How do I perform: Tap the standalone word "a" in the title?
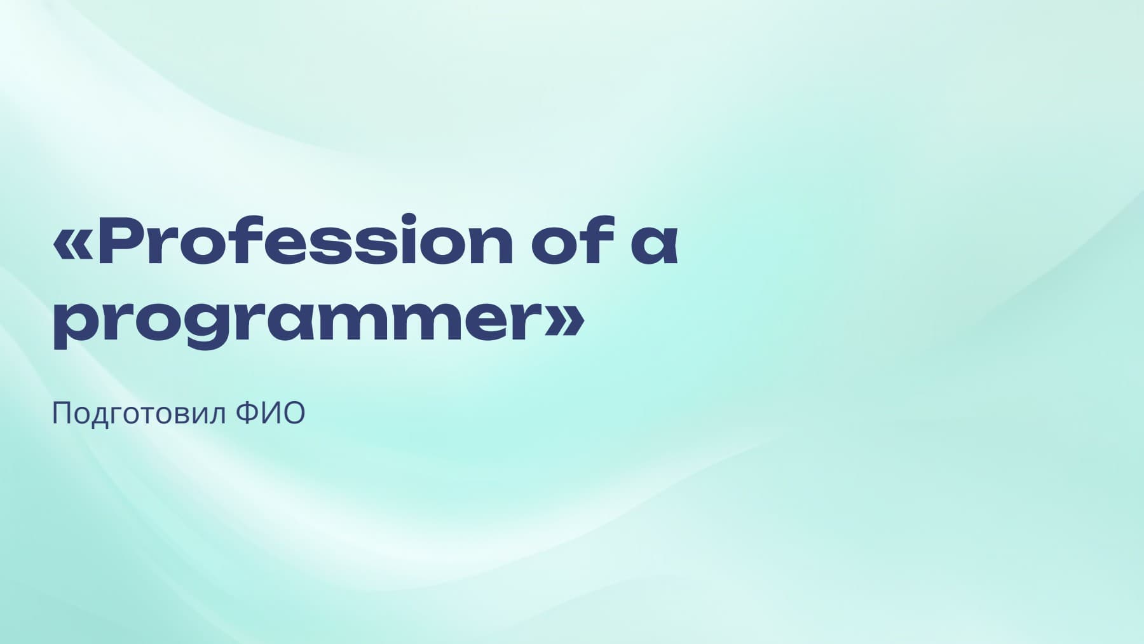pyautogui.click(x=655, y=246)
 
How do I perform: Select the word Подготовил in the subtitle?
pyautogui.click(x=139, y=414)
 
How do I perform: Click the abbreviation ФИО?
pyautogui.click(x=270, y=413)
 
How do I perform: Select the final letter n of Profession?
pyautogui.click(x=487, y=245)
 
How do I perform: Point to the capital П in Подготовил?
pyautogui.click(x=61, y=414)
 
